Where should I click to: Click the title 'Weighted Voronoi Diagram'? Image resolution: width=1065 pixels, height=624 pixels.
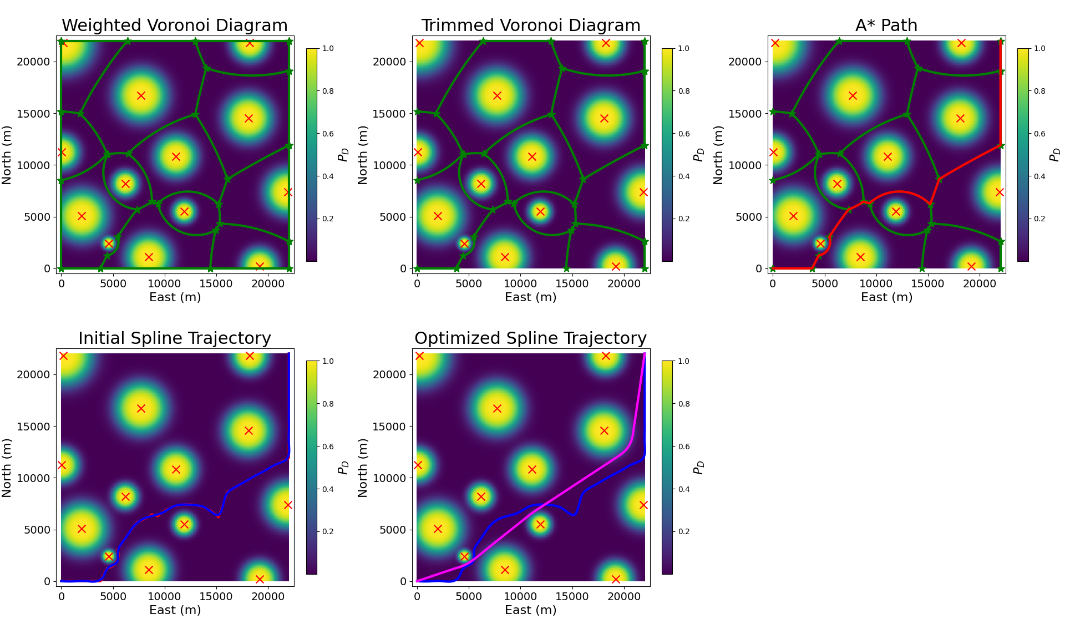(x=175, y=26)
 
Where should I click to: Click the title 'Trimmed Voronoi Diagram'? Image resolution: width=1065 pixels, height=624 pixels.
(x=531, y=26)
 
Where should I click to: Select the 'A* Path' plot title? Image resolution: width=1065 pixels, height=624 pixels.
(x=886, y=26)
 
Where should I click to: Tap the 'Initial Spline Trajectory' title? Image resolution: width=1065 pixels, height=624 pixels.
(x=175, y=338)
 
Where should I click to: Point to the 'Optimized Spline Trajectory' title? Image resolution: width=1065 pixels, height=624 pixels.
(x=531, y=338)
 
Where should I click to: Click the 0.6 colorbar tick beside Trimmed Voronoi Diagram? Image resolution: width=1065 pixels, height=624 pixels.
(x=684, y=134)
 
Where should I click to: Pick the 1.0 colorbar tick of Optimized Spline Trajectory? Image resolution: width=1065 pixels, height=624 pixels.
(x=684, y=361)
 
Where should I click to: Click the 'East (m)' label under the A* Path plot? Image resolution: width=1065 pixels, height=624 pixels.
(x=886, y=297)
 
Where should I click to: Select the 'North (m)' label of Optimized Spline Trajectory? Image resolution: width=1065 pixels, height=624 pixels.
(x=363, y=468)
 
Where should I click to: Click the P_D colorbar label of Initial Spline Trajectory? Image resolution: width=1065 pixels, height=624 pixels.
(x=343, y=468)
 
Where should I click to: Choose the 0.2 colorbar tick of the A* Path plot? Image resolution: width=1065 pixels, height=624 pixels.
(x=1039, y=219)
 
